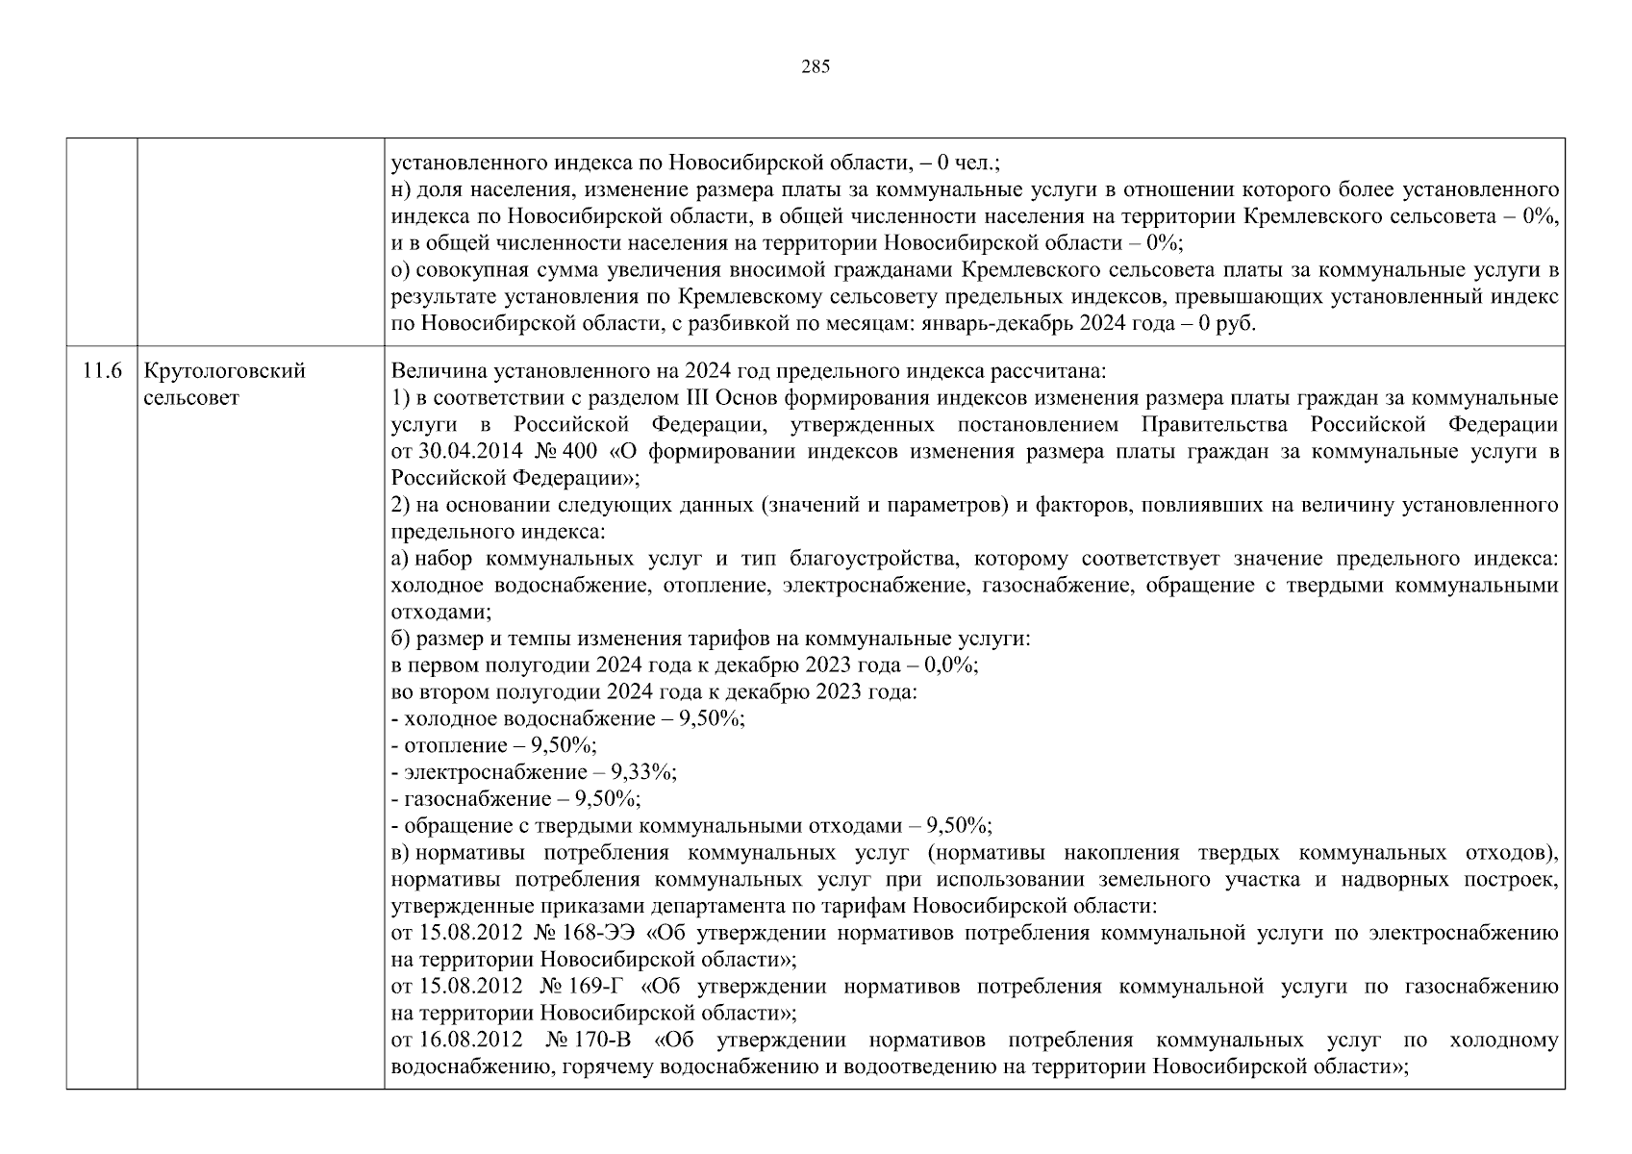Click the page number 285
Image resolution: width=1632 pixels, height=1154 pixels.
pos(815,66)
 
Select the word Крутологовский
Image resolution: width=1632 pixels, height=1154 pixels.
pos(224,371)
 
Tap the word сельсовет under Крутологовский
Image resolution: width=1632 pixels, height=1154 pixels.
pos(191,397)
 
